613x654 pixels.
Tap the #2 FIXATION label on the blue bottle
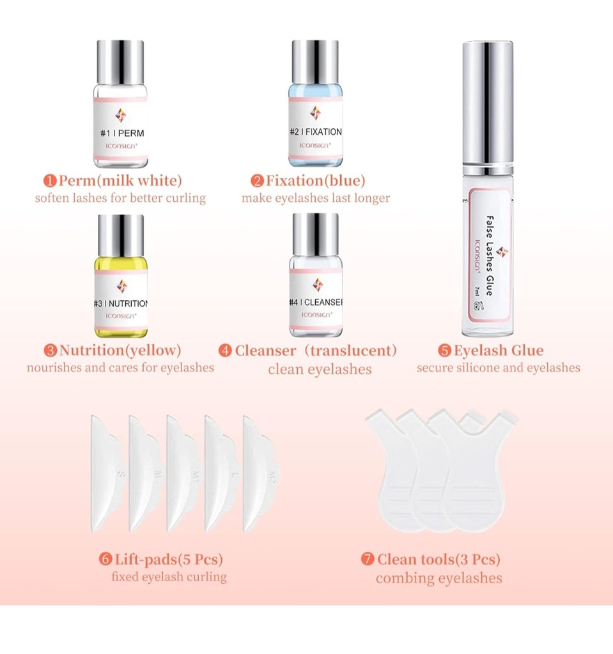[315, 132]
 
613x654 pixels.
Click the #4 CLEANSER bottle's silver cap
[315, 236]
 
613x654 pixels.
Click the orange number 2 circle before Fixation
[257, 181]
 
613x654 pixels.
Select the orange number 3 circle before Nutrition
[50, 351]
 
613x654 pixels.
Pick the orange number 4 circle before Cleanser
[225, 351]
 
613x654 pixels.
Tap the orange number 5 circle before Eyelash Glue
[445, 351]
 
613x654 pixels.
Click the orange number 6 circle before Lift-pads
[105, 560]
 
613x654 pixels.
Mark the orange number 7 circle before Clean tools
[368, 560]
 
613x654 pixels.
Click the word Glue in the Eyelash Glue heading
[527, 351]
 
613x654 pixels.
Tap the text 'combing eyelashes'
[438, 579]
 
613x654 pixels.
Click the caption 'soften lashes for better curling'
[120, 198]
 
